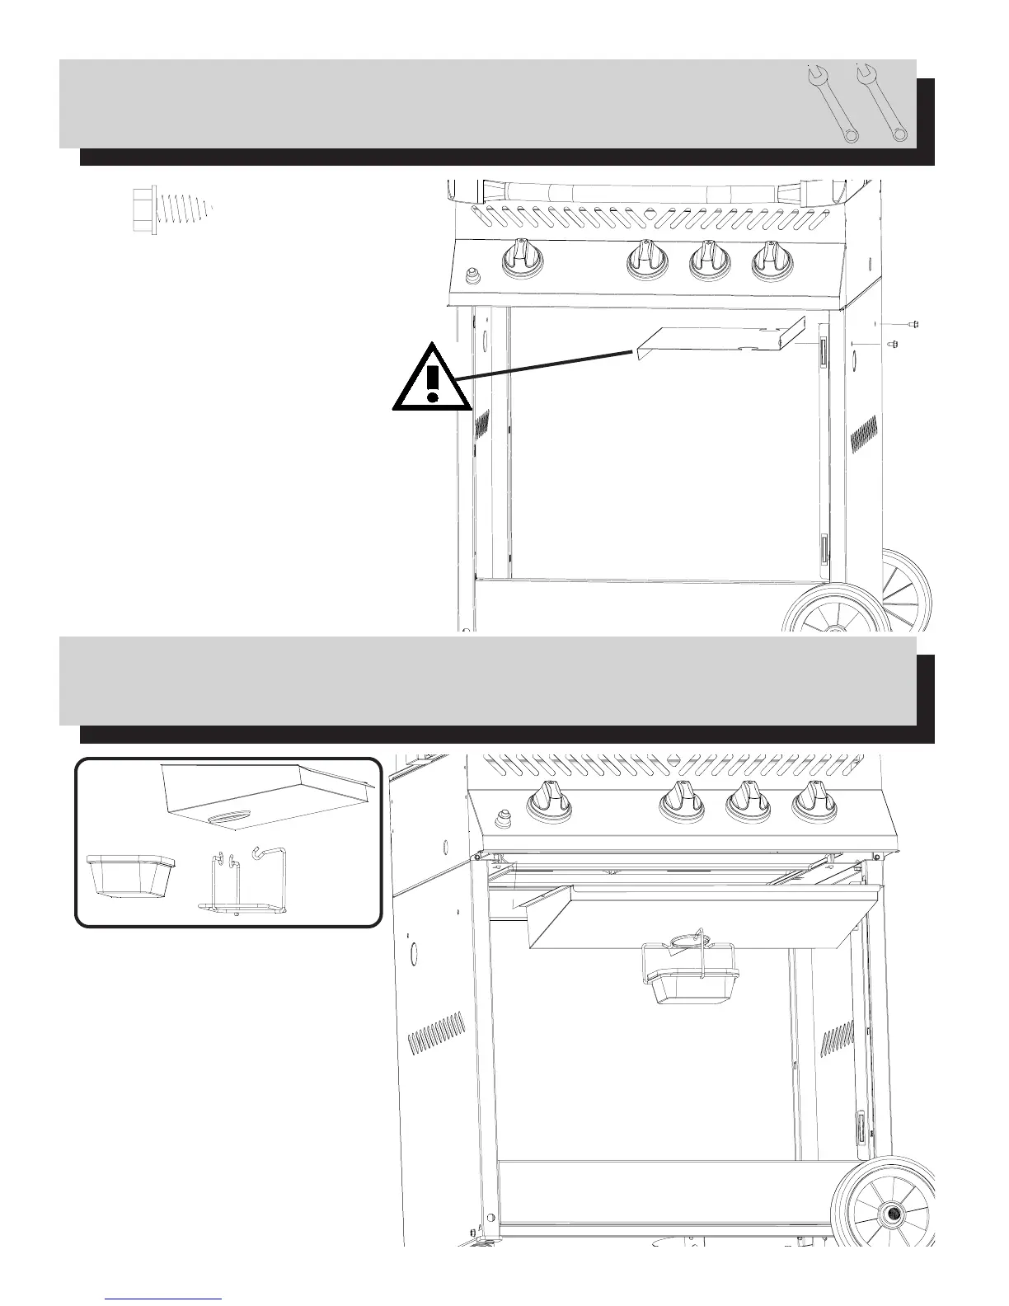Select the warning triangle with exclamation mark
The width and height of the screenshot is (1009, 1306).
pyautogui.click(x=431, y=380)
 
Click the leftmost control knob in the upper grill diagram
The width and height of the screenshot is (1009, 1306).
pyautogui.click(x=522, y=259)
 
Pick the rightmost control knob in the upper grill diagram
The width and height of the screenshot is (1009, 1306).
pyautogui.click(x=772, y=259)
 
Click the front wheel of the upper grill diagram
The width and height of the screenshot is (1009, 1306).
pyautogui.click(x=828, y=614)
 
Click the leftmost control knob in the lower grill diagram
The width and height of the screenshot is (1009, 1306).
pyautogui.click(x=546, y=804)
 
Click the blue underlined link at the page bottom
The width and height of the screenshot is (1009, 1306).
pyautogui.click(x=164, y=1298)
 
